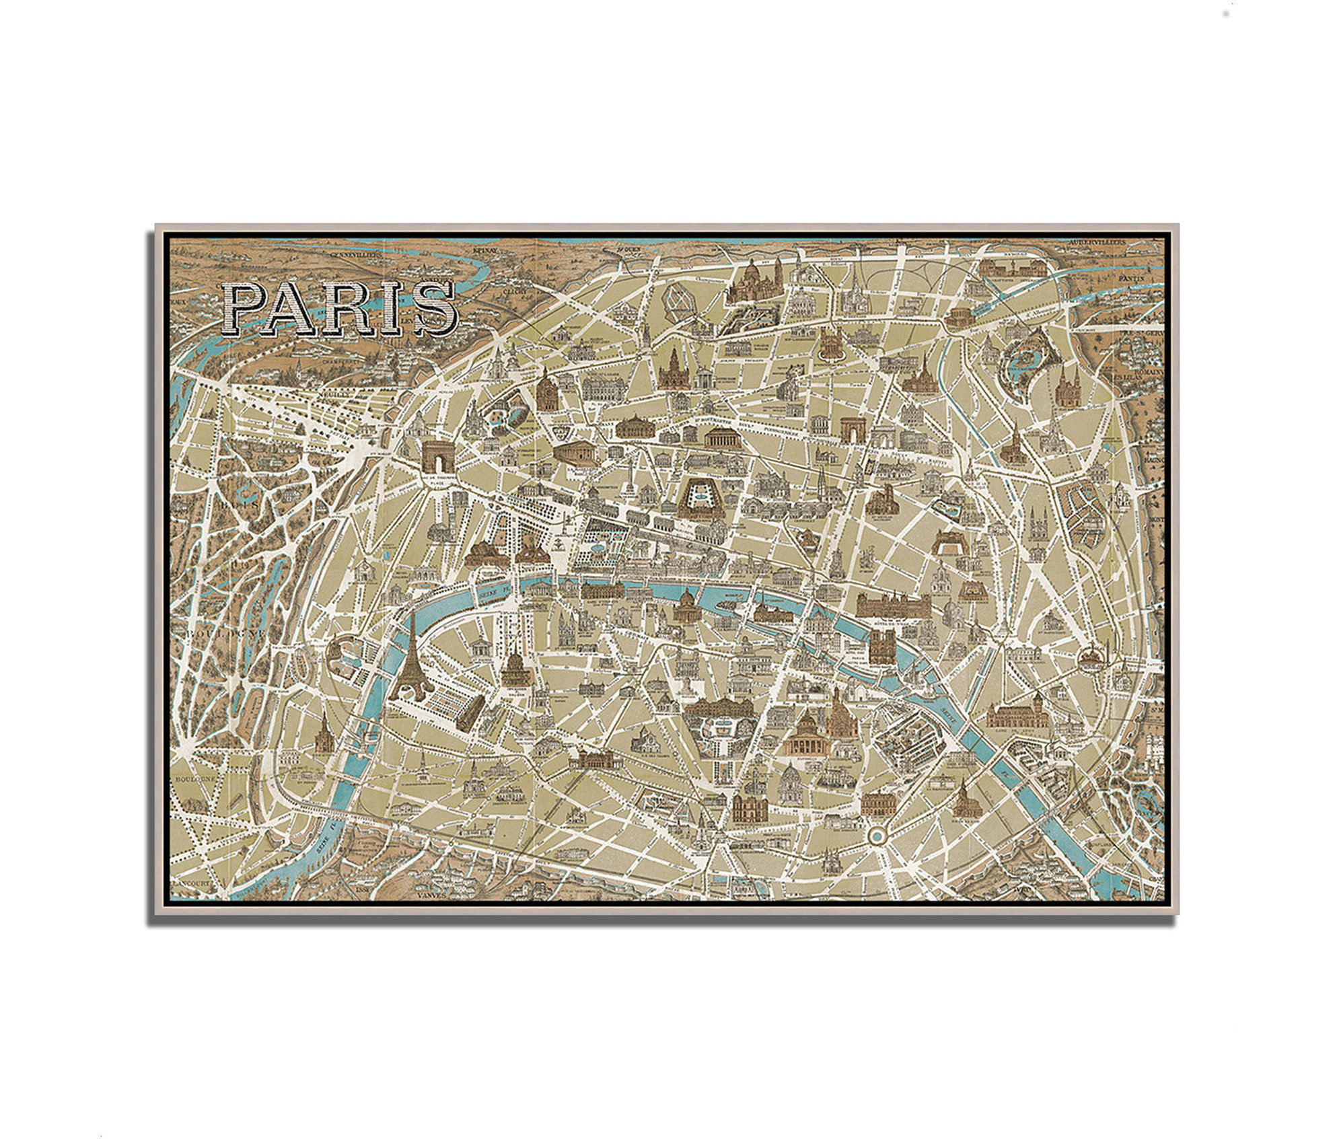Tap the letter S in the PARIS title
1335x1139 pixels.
click(x=434, y=309)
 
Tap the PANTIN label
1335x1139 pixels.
click(x=1130, y=277)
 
